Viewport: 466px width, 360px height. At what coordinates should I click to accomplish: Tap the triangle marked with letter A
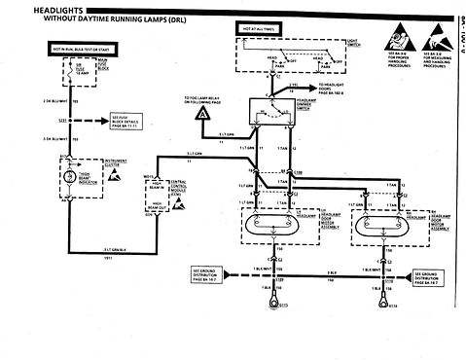click(x=201, y=115)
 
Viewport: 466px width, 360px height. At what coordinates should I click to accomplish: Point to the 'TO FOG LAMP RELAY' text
click(x=206, y=99)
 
